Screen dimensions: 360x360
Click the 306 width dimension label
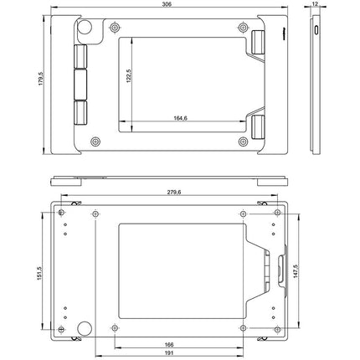coord(172,5)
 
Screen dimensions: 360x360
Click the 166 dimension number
coord(170,344)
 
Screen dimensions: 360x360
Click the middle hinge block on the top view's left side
coord(80,84)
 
